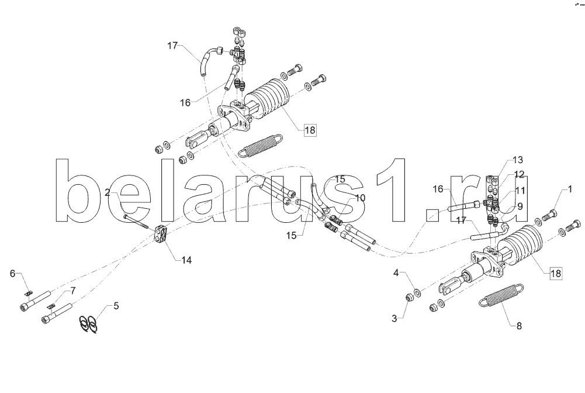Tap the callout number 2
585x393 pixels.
point(108,192)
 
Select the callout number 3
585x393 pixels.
point(395,318)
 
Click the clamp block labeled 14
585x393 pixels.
point(162,237)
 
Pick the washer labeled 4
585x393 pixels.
point(416,291)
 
